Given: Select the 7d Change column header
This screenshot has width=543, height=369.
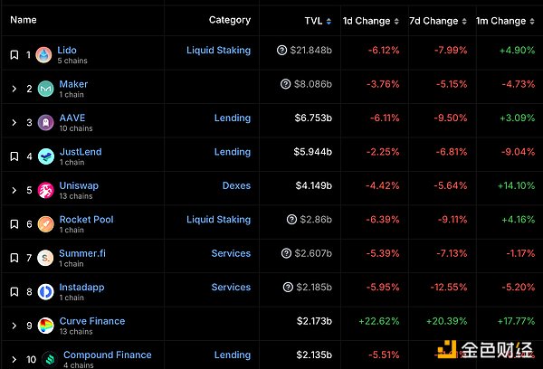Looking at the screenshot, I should [433, 20].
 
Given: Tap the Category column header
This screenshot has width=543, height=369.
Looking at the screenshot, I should [230, 20].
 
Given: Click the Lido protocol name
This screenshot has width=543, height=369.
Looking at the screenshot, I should [67, 51].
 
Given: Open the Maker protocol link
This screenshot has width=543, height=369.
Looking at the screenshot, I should [73, 84].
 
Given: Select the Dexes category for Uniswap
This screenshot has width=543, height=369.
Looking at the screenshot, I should [236, 185].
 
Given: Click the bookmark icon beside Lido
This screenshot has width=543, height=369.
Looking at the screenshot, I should [14, 55].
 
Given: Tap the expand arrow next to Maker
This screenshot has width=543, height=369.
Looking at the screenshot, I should [14, 89].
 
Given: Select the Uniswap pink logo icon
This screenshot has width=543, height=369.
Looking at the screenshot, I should [46, 190].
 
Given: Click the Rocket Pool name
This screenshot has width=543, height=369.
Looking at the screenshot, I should [86, 219].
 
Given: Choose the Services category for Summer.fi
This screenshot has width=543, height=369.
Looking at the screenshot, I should [231, 253].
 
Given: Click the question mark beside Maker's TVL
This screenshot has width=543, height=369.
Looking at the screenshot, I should [286, 85].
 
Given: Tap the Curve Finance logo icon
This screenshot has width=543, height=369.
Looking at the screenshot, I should [46, 326].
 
